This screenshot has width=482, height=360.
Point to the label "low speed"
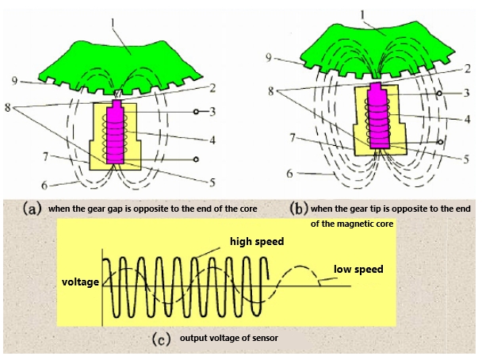[359, 270]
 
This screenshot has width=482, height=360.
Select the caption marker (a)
[33, 209]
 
